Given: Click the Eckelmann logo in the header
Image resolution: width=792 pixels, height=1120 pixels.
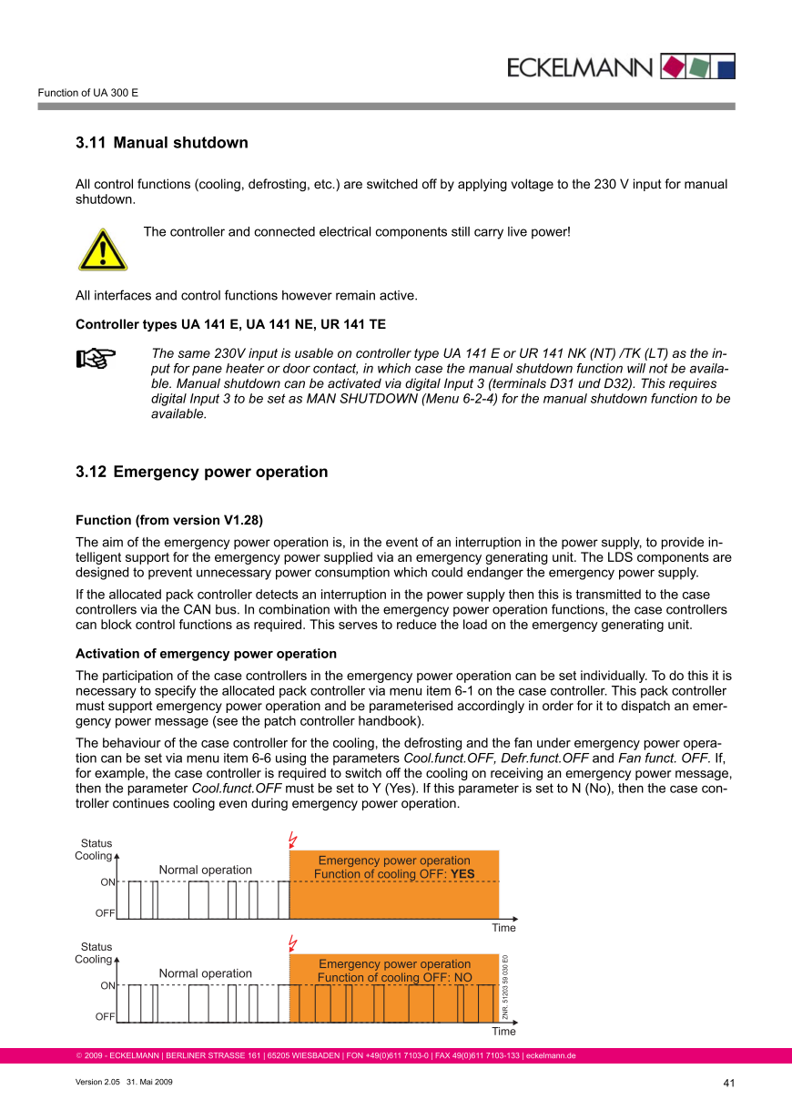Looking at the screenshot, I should [x=620, y=66].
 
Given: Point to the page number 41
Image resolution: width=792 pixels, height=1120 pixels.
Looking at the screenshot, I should [x=728, y=1083].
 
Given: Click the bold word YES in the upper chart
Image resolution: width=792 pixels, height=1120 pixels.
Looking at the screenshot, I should [x=462, y=874].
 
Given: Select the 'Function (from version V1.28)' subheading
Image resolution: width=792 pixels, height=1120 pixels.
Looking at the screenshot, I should [x=168, y=521].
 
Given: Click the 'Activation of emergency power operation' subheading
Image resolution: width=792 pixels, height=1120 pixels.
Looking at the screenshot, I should [x=206, y=654].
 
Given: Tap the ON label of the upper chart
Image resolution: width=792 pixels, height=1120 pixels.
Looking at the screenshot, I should [x=107, y=882].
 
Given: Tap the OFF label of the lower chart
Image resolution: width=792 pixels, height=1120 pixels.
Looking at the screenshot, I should [x=106, y=1015].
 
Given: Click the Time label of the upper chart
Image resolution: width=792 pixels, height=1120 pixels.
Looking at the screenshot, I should [x=503, y=928].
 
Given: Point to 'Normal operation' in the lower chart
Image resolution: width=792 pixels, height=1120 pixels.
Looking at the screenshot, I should [x=205, y=973].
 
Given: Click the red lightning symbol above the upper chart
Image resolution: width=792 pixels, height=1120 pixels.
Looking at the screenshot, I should [x=292, y=839].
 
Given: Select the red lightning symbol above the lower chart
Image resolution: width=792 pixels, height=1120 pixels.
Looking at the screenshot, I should [x=292, y=942].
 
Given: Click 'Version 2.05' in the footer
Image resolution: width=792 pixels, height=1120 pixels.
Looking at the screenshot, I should [x=97, y=1082].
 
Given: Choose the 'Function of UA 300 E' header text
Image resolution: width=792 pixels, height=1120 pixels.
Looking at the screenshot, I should [x=87, y=93].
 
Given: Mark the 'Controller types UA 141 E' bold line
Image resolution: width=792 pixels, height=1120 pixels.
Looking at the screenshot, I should [x=230, y=324].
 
